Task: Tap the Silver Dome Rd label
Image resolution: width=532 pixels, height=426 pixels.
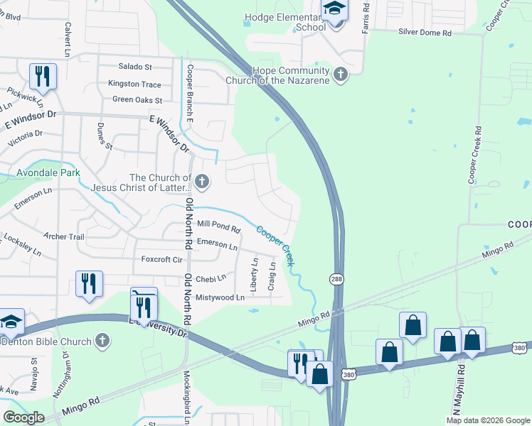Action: point(425,33)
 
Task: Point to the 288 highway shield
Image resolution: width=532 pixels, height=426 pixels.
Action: point(336,280)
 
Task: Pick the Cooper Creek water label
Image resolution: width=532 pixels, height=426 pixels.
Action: point(275,246)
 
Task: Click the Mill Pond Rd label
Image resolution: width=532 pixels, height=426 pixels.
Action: point(218,226)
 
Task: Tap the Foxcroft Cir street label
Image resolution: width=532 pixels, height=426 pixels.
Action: point(163,259)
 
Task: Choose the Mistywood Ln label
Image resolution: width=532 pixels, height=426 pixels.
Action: point(220,297)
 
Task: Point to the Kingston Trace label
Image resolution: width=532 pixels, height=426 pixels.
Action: point(134,84)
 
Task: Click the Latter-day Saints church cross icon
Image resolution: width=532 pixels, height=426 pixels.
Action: point(202,182)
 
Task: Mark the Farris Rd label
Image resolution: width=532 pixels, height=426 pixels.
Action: point(366,12)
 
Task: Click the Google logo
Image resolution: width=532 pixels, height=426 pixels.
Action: point(23,417)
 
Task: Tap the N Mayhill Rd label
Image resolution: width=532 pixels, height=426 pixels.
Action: point(462,387)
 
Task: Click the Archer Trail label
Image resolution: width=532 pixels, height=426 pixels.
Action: point(64,236)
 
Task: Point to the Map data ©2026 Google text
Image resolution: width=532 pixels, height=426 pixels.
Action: point(488,420)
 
